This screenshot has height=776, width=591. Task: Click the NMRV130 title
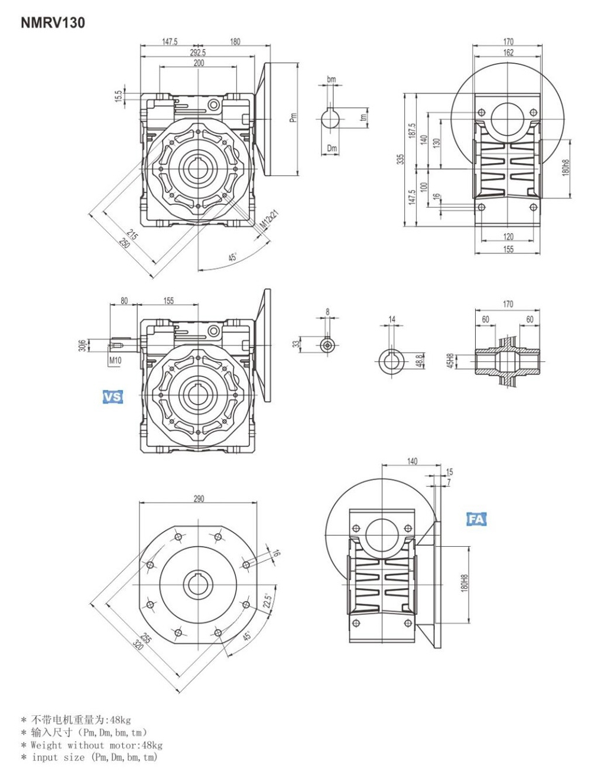pyautogui.click(x=53, y=23)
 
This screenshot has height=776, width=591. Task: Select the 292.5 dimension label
pyautogui.click(x=197, y=53)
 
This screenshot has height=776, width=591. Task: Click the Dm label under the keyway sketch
pyautogui.click(x=332, y=149)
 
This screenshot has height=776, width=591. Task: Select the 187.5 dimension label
pyautogui.click(x=412, y=131)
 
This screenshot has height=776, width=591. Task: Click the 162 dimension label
pyautogui.click(x=508, y=53)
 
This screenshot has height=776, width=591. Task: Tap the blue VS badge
pyautogui.click(x=112, y=397)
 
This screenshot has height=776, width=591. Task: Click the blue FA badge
pyautogui.click(x=476, y=519)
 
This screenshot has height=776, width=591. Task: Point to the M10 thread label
pyautogui.click(x=115, y=360)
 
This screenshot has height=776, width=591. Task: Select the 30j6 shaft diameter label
pyautogui.click(x=82, y=345)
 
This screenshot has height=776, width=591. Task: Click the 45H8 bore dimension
pyautogui.click(x=450, y=360)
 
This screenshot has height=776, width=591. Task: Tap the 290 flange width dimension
pyautogui.click(x=199, y=499)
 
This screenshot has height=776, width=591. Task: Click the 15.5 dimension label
pyautogui.click(x=119, y=96)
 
